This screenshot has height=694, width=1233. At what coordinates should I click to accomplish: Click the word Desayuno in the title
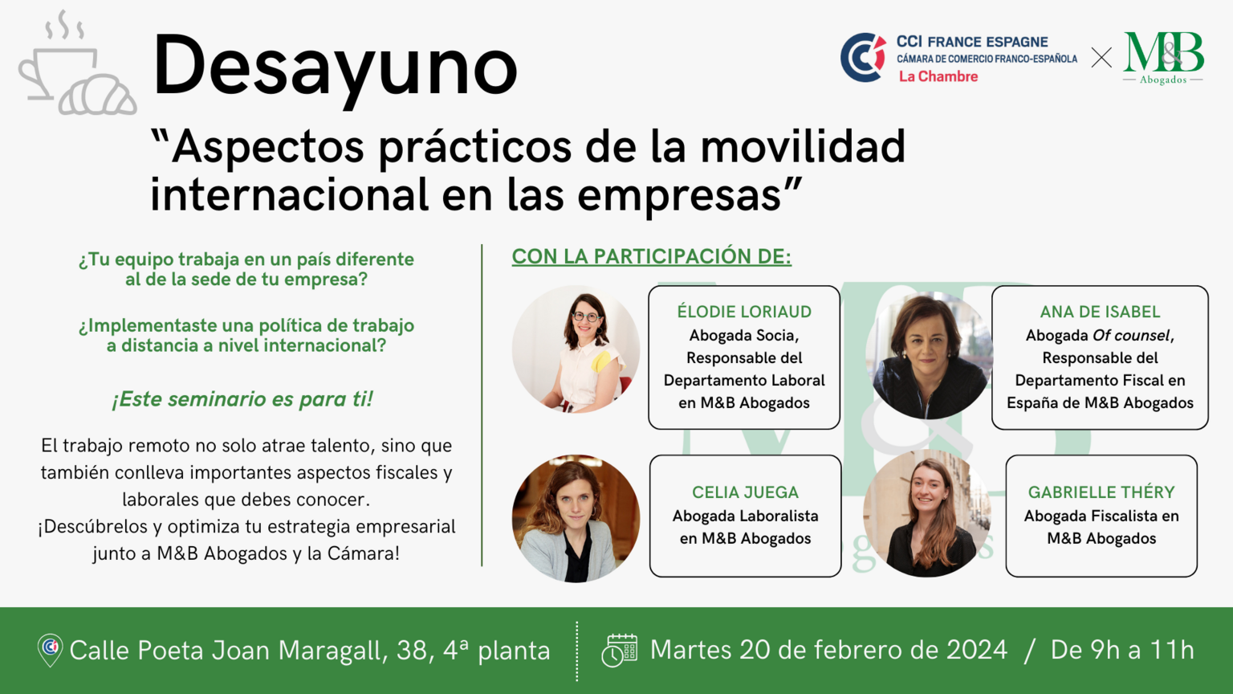336,69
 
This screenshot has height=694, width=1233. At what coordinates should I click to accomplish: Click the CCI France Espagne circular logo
863,57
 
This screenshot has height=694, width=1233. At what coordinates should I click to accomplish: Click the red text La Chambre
938,76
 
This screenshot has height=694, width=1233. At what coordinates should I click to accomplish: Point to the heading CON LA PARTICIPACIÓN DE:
652,257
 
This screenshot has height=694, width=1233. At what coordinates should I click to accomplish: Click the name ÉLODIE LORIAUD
744,312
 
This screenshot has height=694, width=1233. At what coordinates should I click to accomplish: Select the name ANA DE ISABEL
1100,312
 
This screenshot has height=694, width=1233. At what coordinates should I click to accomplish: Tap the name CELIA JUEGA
745,492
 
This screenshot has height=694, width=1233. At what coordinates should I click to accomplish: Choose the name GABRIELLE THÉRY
1101,492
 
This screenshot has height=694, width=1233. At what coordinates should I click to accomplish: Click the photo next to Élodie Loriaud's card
576,349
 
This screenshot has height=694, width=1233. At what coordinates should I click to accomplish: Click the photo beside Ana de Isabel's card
929,356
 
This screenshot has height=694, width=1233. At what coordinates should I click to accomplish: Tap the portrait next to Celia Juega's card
576,518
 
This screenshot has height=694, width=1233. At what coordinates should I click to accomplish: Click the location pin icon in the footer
50,650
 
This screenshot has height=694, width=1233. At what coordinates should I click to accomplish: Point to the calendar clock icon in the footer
620,651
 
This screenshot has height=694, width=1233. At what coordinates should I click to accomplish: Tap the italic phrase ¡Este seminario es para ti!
242,399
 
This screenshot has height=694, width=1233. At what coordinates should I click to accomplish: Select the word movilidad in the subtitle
803,146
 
